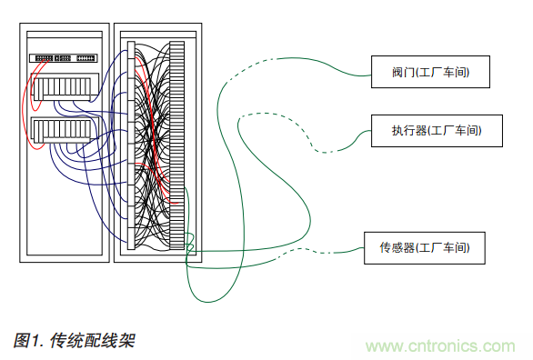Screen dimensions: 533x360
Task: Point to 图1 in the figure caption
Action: (28, 341)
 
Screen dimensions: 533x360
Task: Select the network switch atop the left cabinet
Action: (65, 57)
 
